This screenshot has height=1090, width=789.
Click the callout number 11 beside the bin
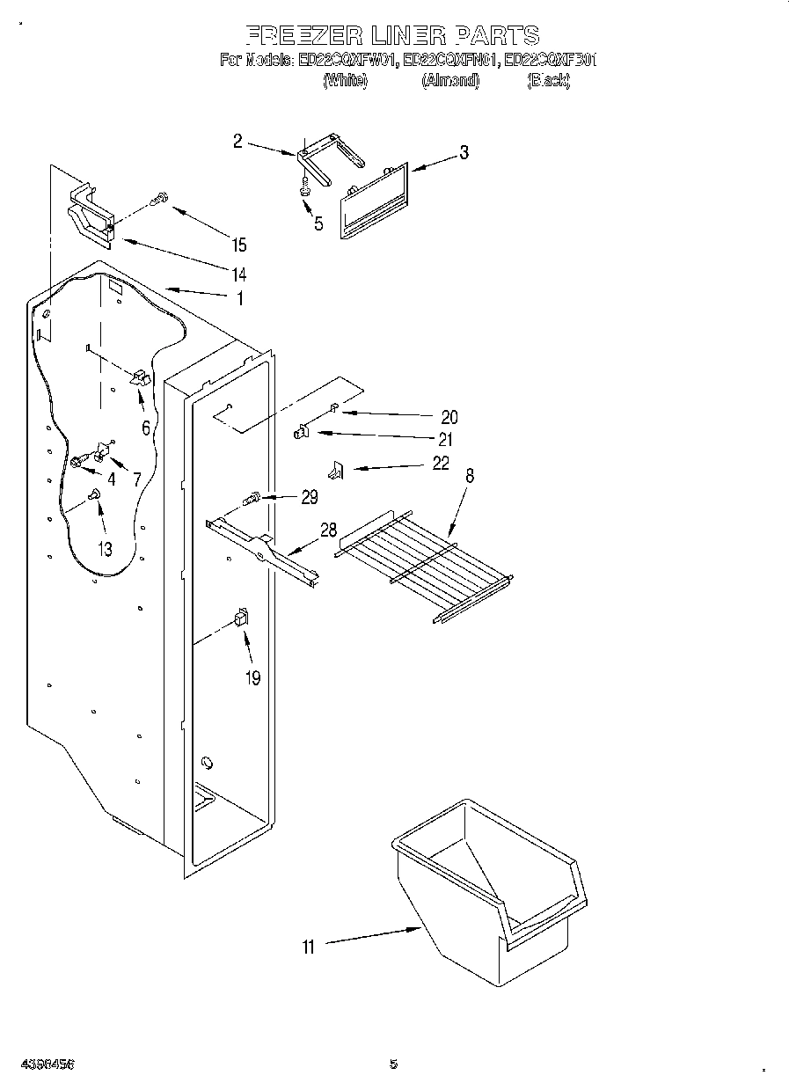[x=308, y=947]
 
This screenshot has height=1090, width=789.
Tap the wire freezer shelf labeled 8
[x=422, y=563]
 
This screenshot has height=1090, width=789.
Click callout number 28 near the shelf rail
[x=328, y=530]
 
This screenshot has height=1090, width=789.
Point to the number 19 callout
[x=252, y=678]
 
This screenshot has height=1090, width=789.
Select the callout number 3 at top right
[x=463, y=153]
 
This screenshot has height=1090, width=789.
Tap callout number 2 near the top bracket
[x=237, y=141]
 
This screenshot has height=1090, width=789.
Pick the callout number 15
[x=238, y=245]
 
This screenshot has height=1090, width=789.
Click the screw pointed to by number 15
[x=159, y=200]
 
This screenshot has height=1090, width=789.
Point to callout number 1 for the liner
[x=237, y=297]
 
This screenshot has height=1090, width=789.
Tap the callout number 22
[x=441, y=463]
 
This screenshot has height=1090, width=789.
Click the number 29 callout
[x=309, y=498]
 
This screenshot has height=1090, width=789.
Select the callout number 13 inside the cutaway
[x=105, y=550]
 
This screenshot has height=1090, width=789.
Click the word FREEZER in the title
[x=301, y=35]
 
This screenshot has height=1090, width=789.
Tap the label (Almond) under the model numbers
[x=449, y=81]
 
